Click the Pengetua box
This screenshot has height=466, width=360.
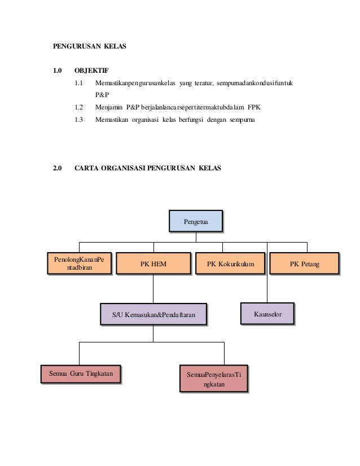coord(195,221)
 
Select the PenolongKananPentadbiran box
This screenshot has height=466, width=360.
coord(79,263)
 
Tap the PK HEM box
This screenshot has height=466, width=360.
coord(153,263)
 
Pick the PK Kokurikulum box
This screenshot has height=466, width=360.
coord(230,263)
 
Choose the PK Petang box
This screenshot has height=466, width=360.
coord(304,263)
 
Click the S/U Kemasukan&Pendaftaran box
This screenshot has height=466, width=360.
coord(153,314)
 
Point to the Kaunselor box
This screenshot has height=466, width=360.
coord(267,313)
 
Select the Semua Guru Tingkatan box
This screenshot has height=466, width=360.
coord(81,373)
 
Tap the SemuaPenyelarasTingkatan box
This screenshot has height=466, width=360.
coord(214,379)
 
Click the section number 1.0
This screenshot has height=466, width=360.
coord(57,71)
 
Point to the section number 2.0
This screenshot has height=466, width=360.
coord(57,168)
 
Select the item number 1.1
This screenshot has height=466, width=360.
coord(79,83)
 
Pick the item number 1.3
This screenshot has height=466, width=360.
coord(79,120)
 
